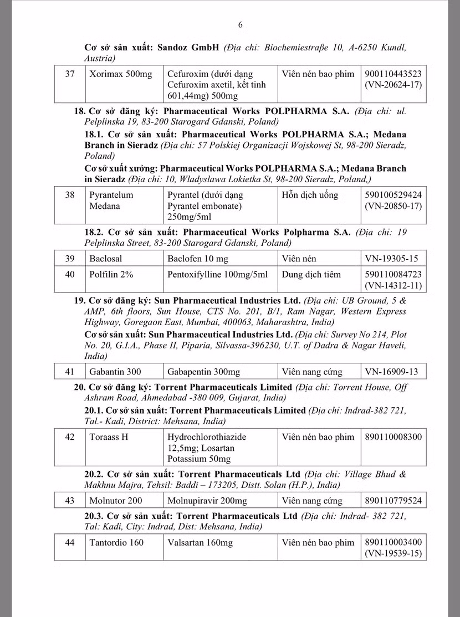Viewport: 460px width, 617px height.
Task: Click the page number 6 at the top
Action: [x=241, y=24]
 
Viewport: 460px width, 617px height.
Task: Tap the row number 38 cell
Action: [x=69, y=195]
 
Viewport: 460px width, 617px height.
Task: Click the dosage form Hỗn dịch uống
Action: [x=310, y=195]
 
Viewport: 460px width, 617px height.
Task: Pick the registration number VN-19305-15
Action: [x=391, y=259]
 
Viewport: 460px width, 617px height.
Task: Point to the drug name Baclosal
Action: [x=106, y=259]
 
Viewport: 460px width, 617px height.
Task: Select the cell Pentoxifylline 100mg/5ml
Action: [x=217, y=274]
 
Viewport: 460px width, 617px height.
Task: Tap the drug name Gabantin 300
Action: [x=115, y=372]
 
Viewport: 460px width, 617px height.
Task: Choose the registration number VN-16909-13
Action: [x=391, y=372]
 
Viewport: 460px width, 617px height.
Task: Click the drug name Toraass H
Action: [x=109, y=437]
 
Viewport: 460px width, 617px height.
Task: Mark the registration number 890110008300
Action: [x=393, y=437]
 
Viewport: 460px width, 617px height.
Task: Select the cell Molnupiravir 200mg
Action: [x=207, y=501]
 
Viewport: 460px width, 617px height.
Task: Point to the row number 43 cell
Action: [x=69, y=501]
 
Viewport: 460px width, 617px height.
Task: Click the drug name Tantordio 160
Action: [x=116, y=543]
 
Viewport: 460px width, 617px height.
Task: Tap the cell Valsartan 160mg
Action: [x=200, y=543]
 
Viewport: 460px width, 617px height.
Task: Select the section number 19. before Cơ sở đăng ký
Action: [x=80, y=301]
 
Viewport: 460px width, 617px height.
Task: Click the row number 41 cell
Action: [x=69, y=372]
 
